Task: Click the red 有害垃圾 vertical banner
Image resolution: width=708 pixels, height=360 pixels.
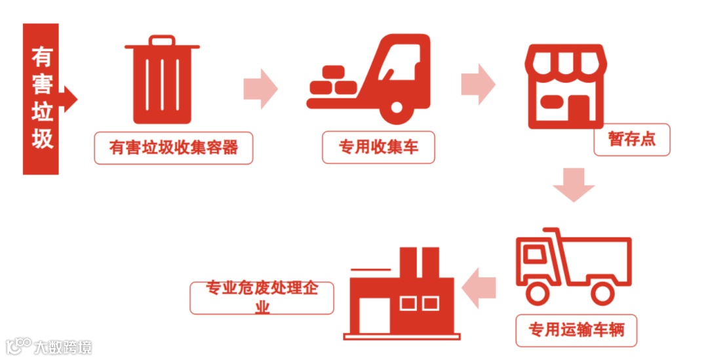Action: pos(41,99)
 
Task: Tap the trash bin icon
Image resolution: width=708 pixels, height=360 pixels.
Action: pos(163,81)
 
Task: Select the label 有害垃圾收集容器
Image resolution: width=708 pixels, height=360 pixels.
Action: pos(173,148)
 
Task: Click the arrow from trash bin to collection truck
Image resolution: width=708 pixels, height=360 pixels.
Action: pos(260,87)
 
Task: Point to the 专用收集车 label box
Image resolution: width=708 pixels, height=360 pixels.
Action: pos(378,148)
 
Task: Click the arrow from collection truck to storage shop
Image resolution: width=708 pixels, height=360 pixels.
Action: pos(478,84)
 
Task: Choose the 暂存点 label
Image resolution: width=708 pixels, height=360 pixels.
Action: pos(631,140)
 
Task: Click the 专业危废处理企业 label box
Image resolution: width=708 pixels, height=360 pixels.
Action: pos(262,297)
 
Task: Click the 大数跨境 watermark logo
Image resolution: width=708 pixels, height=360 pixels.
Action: pos(50,346)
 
